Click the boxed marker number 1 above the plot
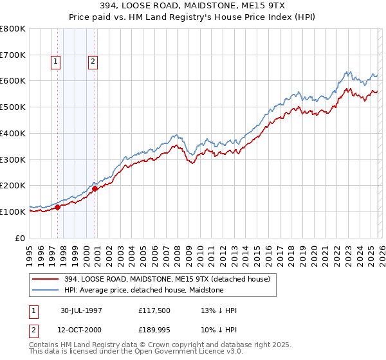click(56, 62)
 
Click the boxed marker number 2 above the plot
click(93, 62)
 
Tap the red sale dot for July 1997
click(58, 207)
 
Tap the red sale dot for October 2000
click(95, 188)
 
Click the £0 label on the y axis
click(21, 238)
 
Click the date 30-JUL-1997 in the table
click(82, 310)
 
